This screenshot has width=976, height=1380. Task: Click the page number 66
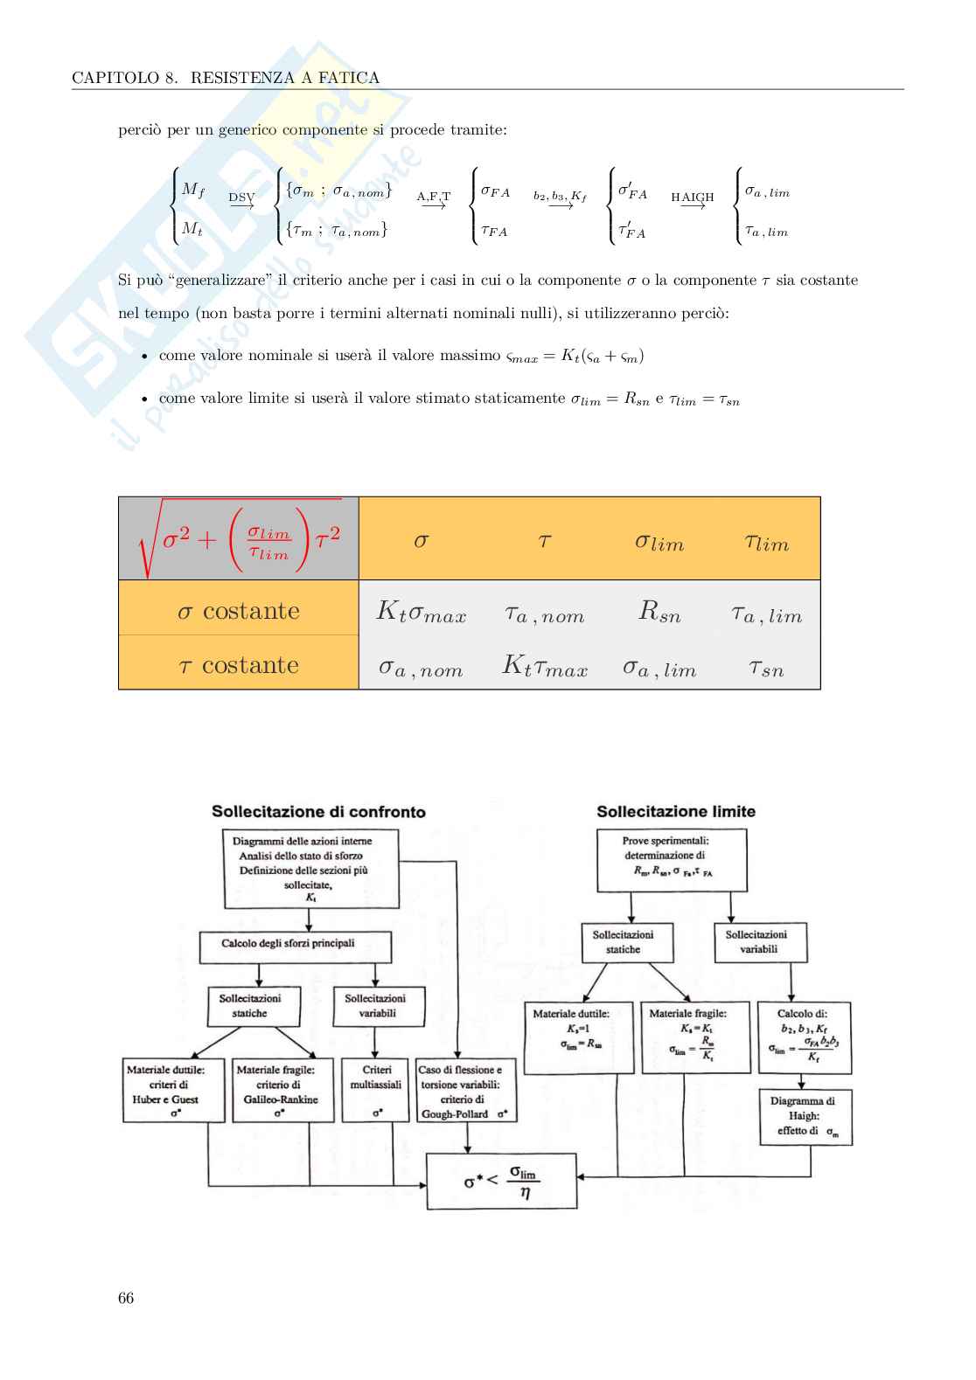pos(126,1298)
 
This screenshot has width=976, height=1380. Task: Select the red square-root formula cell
pos(239,539)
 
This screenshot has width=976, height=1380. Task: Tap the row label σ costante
pos(239,610)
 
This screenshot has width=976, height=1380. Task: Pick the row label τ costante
pos(239,664)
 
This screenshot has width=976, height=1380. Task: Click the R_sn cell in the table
pos(659,611)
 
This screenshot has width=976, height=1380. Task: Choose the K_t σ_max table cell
pos(421,612)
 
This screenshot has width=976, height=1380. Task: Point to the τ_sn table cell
pos(766,669)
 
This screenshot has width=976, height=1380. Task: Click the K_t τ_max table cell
pos(544,667)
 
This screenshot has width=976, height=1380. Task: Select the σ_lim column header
pos(659,542)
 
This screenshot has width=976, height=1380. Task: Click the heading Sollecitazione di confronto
pos(318,811)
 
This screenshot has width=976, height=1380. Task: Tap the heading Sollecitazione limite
pos(675,811)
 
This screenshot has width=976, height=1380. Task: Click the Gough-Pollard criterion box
pos(466,1091)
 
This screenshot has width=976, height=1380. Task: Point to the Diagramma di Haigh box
pos(804,1116)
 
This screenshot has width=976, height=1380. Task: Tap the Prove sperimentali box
pos(672,860)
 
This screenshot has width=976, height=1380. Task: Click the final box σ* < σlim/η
pos(501,1181)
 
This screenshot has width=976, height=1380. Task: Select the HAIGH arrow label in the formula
pos(692,198)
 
